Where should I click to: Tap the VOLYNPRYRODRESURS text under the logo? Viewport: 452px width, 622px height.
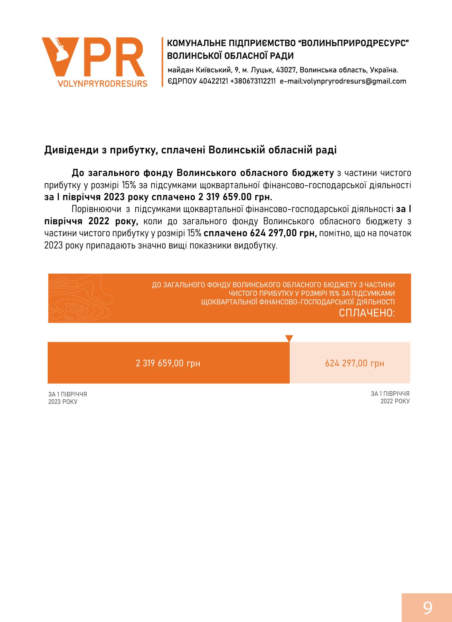click(x=102, y=84)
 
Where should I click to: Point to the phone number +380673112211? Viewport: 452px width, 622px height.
click(x=253, y=81)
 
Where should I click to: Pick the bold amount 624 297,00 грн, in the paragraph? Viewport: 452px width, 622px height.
click(x=260, y=233)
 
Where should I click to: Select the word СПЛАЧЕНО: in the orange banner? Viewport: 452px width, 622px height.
click(x=367, y=313)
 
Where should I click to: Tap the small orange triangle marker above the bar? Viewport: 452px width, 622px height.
click(x=289, y=338)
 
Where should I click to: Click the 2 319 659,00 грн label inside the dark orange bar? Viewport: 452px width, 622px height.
click(x=168, y=363)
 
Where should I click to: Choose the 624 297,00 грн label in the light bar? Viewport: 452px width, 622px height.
click(x=354, y=363)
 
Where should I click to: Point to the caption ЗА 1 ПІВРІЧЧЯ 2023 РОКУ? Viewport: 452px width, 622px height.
click(x=68, y=398)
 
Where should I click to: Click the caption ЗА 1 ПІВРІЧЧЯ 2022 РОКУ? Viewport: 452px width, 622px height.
click(x=390, y=397)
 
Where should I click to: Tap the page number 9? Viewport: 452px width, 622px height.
click(x=428, y=608)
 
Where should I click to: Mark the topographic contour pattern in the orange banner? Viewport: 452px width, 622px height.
click(x=81, y=298)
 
